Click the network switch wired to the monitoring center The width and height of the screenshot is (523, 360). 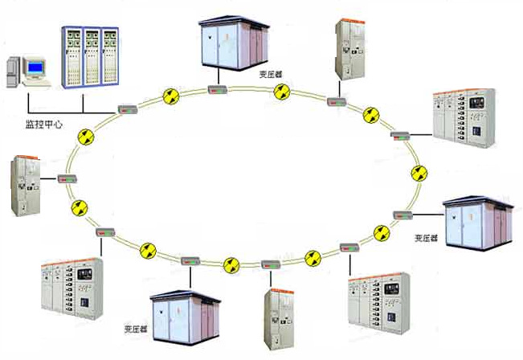click(128, 108)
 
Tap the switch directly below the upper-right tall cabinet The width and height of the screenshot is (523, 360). click(337, 100)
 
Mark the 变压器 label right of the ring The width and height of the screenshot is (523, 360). click(427, 239)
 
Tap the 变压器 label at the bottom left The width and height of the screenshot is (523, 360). click(135, 329)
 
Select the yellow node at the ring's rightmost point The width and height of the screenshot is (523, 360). click(418, 174)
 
